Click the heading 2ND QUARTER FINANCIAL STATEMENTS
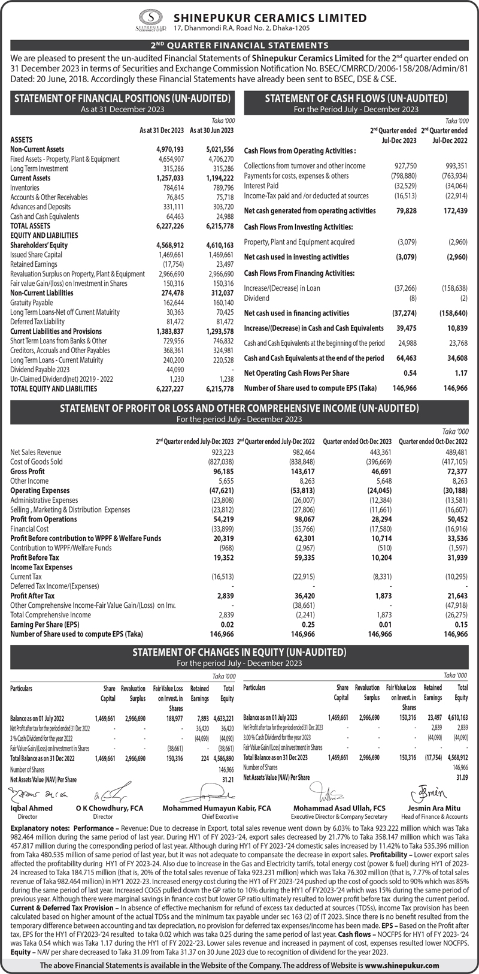coord(239,44)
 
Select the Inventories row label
coord(25,188)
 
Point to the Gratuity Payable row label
coord(31,303)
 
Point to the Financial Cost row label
coord(29,529)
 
